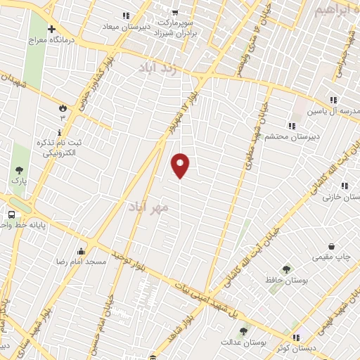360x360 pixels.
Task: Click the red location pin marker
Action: pos(180,165)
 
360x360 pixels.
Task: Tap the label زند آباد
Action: pos(160,68)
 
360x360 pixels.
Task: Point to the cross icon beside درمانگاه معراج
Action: pos(51,29)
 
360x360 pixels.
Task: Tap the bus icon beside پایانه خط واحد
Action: pos(12,214)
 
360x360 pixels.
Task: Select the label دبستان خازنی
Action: pos(336,197)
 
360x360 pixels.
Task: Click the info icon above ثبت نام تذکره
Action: pos(60,131)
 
